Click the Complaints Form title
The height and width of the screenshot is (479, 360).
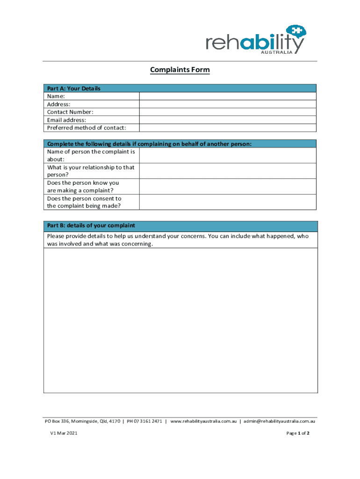(x=180, y=70)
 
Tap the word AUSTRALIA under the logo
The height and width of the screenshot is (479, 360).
(x=276, y=52)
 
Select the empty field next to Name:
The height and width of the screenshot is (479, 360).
(x=228, y=96)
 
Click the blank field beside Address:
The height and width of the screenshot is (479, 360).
(x=228, y=104)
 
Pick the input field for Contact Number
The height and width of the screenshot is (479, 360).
(x=228, y=112)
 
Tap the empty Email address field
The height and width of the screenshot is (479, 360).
(x=228, y=120)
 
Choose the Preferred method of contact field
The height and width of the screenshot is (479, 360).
(x=228, y=128)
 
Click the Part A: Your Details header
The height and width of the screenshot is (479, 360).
(x=74, y=88)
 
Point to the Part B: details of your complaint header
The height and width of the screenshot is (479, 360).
(x=91, y=225)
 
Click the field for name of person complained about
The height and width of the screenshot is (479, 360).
(x=228, y=155)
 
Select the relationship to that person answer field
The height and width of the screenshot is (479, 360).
(x=228, y=171)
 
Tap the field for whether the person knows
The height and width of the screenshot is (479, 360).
(x=228, y=187)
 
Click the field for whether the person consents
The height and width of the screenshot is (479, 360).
(x=228, y=202)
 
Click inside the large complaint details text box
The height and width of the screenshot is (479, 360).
(x=180, y=320)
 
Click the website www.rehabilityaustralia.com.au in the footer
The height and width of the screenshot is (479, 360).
(x=204, y=421)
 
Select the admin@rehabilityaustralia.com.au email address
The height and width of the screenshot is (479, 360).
(x=280, y=421)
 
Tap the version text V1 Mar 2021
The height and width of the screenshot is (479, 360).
(x=64, y=434)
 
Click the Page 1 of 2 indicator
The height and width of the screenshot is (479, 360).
(x=298, y=434)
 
